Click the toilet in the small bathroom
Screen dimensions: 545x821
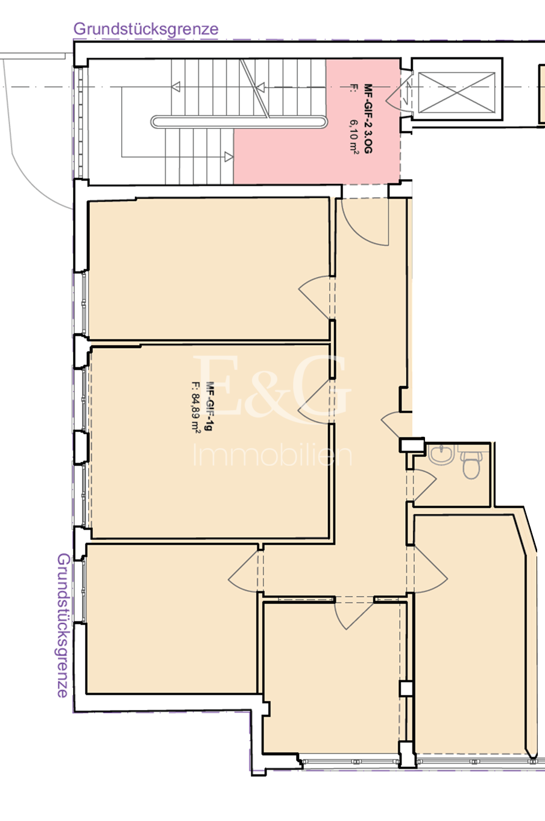[471, 464]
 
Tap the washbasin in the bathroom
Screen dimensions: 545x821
[442, 454]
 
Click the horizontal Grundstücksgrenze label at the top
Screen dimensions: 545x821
[146, 29]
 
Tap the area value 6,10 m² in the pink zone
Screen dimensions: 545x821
[353, 135]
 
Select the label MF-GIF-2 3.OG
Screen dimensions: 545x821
[368, 119]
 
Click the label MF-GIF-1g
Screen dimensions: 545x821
[209, 406]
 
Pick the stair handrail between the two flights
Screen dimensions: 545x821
[239, 122]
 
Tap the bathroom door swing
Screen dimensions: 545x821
[425, 486]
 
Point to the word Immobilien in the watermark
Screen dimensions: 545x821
[272, 455]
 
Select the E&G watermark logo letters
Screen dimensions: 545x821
[272, 388]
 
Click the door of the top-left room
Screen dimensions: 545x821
[314, 297]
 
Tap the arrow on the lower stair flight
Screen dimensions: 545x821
[228, 157]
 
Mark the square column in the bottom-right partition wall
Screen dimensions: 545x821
[406, 688]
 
